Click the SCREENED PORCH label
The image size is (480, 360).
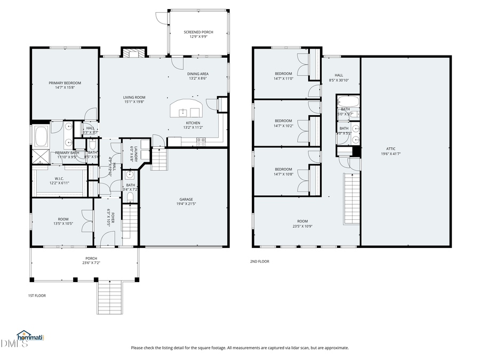pyautogui.click(x=198, y=32)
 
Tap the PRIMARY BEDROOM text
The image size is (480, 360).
pyautogui.click(x=65, y=83)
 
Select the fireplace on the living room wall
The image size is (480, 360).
pyautogui.click(x=133, y=52)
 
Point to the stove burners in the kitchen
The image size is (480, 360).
pyautogui.click(x=201, y=141)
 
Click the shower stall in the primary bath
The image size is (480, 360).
pyautogui.click(x=40, y=156)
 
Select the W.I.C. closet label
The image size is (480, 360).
pyautogui.click(x=60, y=179)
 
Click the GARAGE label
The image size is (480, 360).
pyautogui.click(x=186, y=199)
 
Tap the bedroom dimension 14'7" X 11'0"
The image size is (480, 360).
pyautogui.click(x=283, y=78)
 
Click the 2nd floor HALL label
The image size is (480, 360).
pyautogui.click(x=339, y=75)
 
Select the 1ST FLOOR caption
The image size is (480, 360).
pyautogui.click(x=37, y=295)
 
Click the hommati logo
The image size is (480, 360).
pyautogui.click(x=30, y=337)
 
